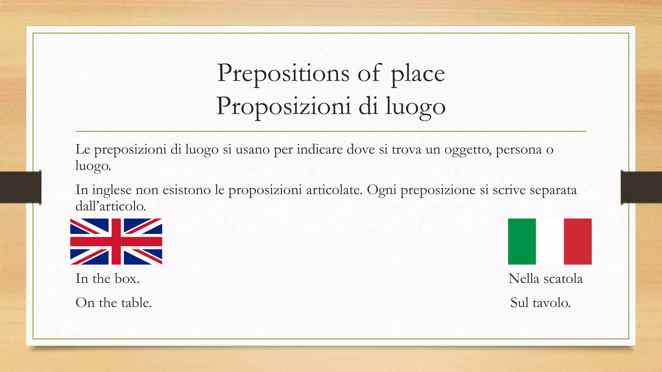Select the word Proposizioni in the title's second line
tap(283, 106)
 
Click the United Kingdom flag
tap(116, 242)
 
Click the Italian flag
tap(550, 242)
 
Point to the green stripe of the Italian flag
tap(522, 242)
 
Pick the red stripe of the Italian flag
tap(578, 242)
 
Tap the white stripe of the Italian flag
tap(550, 242)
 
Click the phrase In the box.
tap(107, 279)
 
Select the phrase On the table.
tap(113, 303)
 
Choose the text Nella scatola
tap(545, 279)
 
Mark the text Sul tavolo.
tap(540, 303)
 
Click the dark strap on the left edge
tap(20, 187)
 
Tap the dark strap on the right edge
tap(641, 187)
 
